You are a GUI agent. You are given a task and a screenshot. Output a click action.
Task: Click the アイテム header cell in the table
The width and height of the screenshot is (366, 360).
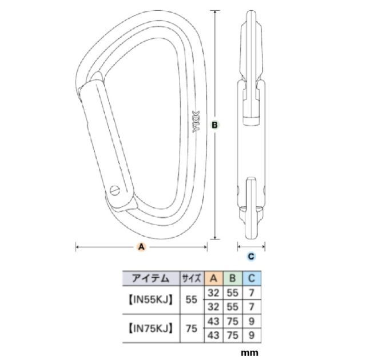coord(150,278)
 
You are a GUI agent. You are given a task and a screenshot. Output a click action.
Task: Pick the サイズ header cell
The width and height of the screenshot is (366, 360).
coord(190,278)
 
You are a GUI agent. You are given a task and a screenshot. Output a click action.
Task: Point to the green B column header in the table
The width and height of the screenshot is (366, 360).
coord(232,278)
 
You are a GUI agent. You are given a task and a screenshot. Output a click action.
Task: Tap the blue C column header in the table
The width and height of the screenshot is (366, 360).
coord(251,278)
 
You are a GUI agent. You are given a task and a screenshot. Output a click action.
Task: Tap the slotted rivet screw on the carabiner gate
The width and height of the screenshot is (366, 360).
coord(116,189)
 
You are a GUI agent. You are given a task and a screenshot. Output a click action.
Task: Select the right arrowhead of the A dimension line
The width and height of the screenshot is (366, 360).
coord(205,247)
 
